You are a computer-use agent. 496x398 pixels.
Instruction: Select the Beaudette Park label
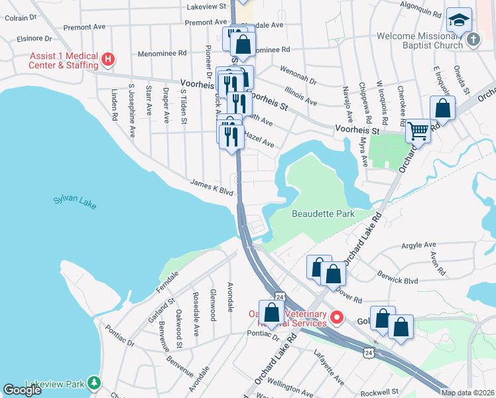click(x=324, y=214)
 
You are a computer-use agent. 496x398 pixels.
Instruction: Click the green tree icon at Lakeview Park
click(x=95, y=383)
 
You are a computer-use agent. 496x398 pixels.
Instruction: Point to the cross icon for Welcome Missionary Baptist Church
click(x=472, y=39)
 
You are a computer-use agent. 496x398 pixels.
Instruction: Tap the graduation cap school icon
click(x=458, y=19)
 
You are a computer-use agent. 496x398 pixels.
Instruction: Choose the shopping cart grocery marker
click(x=418, y=131)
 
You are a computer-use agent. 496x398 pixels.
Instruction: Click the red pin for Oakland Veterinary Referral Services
click(x=336, y=318)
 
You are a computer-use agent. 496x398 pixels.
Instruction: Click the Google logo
click(x=22, y=390)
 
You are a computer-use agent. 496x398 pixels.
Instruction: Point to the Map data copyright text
click(x=468, y=393)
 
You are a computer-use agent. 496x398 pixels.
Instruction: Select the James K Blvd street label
click(x=212, y=186)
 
